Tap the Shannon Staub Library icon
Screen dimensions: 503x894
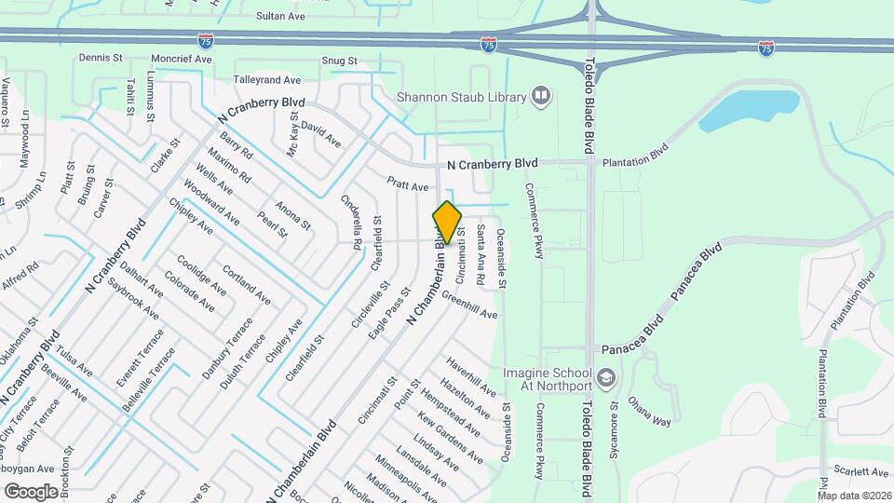click(x=540, y=95)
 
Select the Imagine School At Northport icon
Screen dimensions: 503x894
click(x=606, y=377)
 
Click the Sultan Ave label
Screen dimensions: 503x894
click(x=281, y=17)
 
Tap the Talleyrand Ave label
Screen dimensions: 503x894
click(x=267, y=81)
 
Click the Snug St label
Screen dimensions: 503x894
click(x=340, y=61)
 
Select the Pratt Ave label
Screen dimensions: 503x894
click(x=408, y=186)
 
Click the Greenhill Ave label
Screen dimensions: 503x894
click(x=469, y=306)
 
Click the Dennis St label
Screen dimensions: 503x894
click(x=101, y=58)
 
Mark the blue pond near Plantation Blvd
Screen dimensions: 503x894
click(x=750, y=109)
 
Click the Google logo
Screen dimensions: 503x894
click(x=31, y=491)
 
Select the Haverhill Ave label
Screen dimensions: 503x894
click(x=470, y=374)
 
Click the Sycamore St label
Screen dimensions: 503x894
click(x=614, y=419)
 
